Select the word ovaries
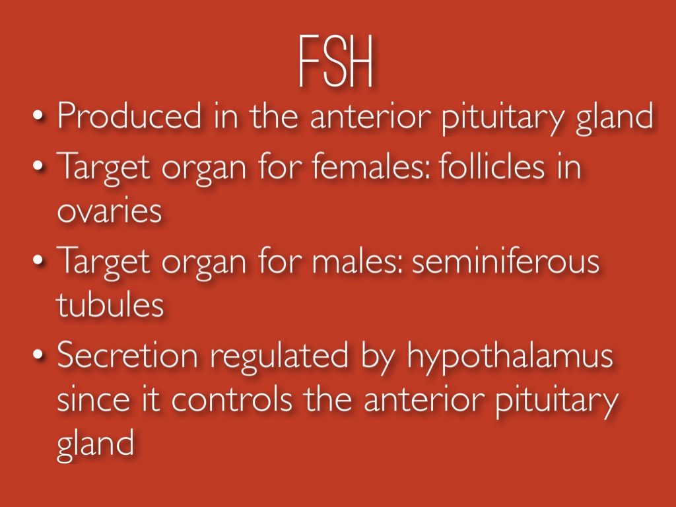108,211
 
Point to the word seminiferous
505,261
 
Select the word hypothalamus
510,357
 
